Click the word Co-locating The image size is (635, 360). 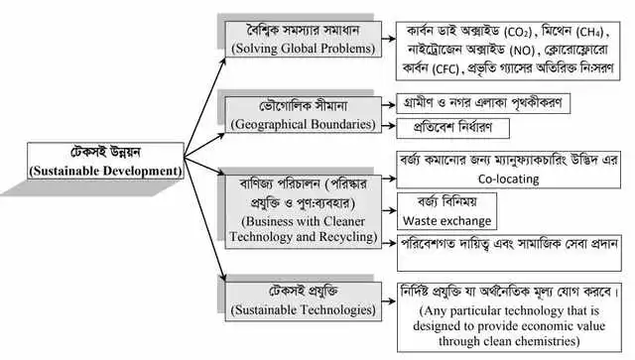point(507,180)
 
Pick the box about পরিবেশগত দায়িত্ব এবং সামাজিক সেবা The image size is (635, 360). point(506,243)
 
